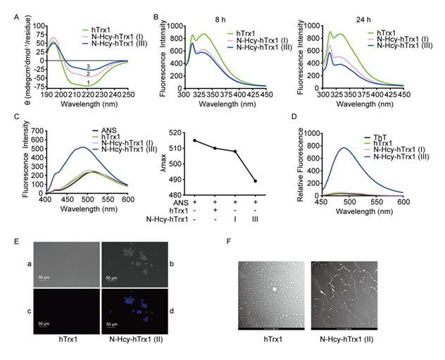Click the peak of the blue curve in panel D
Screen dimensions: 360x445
[344, 148]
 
